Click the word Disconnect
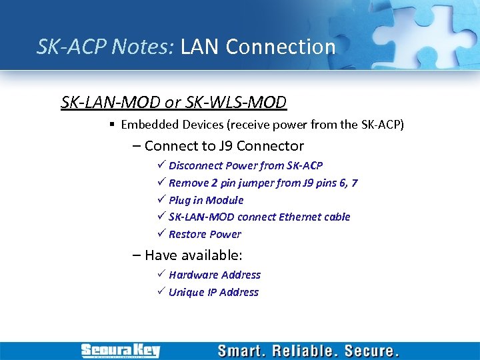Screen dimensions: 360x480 196,165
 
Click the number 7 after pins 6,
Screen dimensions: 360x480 355,183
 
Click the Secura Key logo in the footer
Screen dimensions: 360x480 120,351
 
